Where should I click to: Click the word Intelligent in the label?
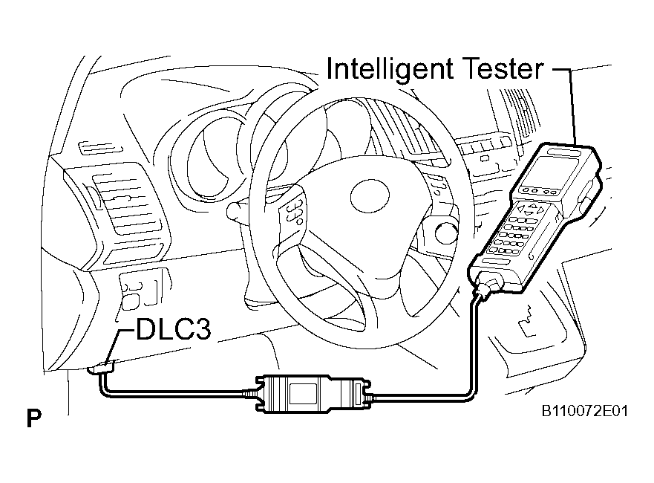pos(390,69)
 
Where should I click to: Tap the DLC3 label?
pos(173,329)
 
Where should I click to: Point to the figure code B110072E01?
pos(585,411)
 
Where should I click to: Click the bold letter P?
pos(34,418)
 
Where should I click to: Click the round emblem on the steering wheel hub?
pos(370,195)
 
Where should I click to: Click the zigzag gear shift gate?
pos(527,319)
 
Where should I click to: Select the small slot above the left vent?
pos(100,149)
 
